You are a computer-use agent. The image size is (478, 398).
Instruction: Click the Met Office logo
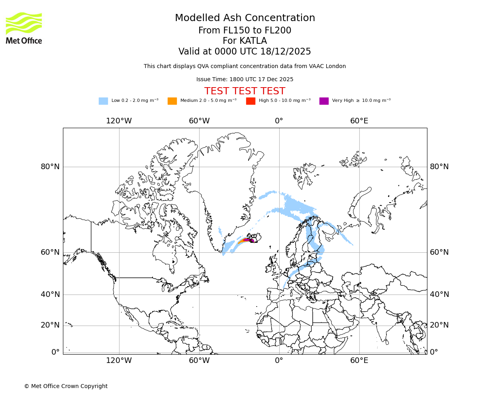[x=24, y=28]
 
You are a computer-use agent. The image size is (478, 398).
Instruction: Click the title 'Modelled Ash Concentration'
[x=245, y=18]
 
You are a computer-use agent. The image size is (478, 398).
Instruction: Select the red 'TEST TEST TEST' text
[x=245, y=91]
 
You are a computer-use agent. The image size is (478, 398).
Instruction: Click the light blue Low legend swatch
[x=103, y=101]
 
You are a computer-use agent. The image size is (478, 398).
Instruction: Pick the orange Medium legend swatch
[x=172, y=101]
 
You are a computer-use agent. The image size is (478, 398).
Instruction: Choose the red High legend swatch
[x=251, y=101]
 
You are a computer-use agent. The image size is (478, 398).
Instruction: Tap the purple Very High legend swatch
[x=324, y=101]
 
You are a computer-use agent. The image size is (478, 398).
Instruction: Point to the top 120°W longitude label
[x=119, y=121]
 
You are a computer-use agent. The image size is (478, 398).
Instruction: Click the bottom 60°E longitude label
[x=359, y=361]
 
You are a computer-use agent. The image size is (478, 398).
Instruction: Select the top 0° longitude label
[x=279, y=121]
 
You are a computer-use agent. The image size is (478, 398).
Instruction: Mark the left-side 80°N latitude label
[x=50, y=167]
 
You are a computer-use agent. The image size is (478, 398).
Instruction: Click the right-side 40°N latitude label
[x=439, y=295]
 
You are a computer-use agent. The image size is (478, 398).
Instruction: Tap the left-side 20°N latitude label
[x=50, y=325]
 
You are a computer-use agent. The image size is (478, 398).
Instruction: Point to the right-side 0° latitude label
[x=433, y=352]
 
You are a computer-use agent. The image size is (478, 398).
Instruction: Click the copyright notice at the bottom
[x=66, y=386]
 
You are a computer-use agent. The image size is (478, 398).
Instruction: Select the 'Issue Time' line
[x=245, y=79]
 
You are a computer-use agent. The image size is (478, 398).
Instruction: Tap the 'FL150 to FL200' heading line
[x=245, y=31]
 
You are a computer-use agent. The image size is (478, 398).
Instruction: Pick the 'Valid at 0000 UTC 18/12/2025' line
[x=245, y=52]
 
